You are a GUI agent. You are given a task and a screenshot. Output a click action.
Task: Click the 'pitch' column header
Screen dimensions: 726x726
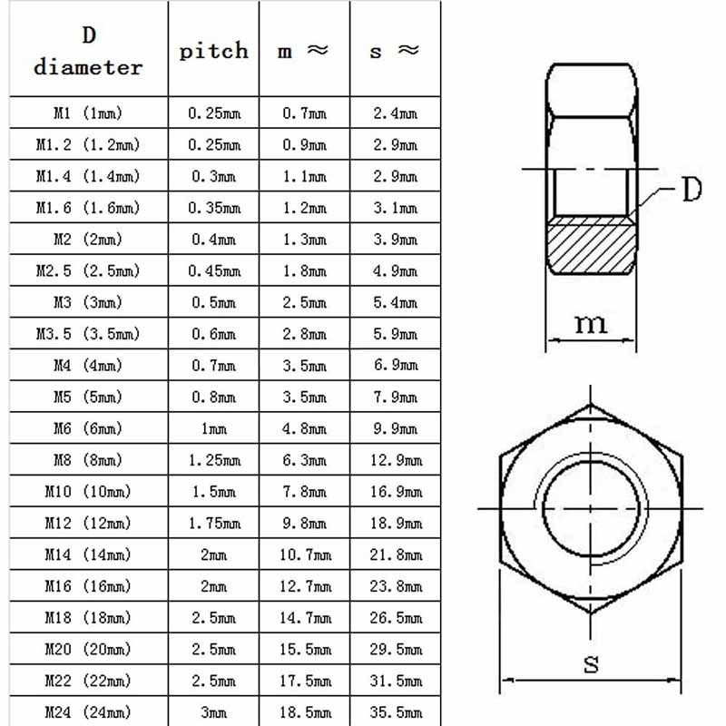[213, 50]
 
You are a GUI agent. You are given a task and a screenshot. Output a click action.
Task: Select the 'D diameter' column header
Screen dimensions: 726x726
[88, 52]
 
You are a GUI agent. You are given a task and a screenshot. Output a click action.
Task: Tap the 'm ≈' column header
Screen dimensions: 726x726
[303, 51]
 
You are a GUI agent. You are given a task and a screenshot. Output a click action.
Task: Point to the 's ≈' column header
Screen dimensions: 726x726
[395, 51]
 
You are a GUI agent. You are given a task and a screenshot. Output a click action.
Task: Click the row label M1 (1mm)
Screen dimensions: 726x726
[88, 113]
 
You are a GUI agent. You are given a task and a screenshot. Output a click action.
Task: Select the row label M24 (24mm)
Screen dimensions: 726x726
[88, 712]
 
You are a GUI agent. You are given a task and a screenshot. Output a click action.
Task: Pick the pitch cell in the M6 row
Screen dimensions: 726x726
[214, 428]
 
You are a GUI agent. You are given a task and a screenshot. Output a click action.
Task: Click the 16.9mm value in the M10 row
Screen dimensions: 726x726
[396, 492]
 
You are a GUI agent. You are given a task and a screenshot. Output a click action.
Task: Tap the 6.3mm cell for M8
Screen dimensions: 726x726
[304, 460]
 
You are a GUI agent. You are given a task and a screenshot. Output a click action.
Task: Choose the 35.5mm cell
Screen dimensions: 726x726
[396, 712]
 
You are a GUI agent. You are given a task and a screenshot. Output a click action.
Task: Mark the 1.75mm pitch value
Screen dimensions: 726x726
[214, 524]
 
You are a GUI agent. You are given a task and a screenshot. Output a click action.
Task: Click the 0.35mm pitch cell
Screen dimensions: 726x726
[214, 208]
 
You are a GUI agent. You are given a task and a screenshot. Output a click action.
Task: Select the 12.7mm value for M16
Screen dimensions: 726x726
[304, 586]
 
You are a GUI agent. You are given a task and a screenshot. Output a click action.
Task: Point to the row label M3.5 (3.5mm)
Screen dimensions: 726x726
[88, 334]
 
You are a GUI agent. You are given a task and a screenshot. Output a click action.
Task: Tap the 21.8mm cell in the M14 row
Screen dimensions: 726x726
[396, 554]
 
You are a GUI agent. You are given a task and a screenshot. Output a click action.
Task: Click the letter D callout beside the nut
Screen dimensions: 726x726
[692, 191]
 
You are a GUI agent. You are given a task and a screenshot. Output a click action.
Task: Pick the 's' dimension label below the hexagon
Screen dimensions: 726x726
[591, 663]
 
